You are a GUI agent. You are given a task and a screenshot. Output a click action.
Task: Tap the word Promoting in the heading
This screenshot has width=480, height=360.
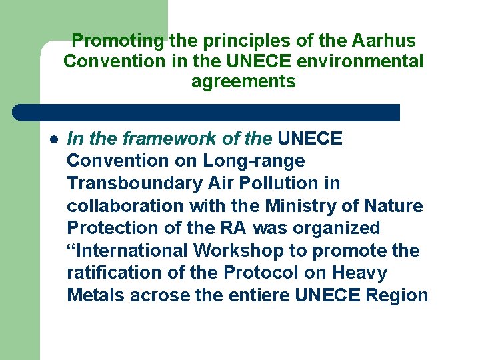coord(117,41)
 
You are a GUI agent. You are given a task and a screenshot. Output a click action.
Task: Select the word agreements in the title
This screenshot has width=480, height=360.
coord(243,82)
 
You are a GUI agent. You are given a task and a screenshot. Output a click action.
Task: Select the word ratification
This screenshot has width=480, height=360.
coord(110,273)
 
